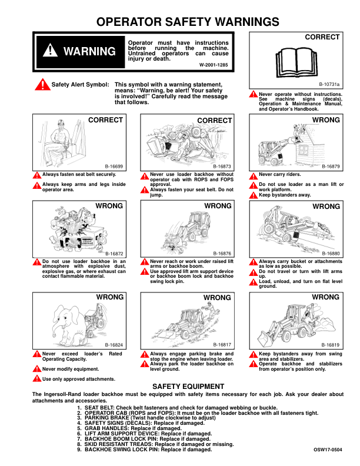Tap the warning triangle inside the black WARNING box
[x=51, y=51]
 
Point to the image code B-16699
[x=114, y=167]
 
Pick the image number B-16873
[x=222, y=167]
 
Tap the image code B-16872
[x=114, y=253]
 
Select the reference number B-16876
[x=222, y=253]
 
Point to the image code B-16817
[x=222, y=345]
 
